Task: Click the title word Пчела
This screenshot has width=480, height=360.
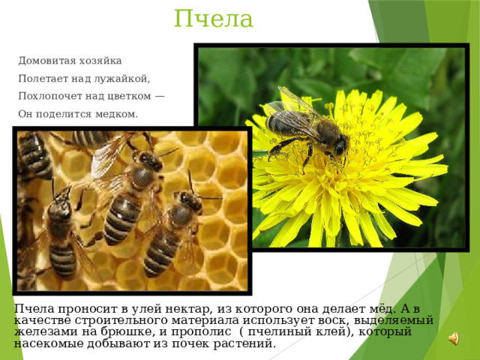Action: click(214, 19)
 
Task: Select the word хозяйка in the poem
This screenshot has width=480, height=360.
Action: click(100, 61)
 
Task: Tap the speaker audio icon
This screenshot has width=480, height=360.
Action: click(454, 338)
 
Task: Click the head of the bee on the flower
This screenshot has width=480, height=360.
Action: click(339, 145)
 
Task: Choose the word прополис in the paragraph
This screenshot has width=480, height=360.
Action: click(201, 332)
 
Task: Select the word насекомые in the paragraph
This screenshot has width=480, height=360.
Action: click(49, 343)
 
